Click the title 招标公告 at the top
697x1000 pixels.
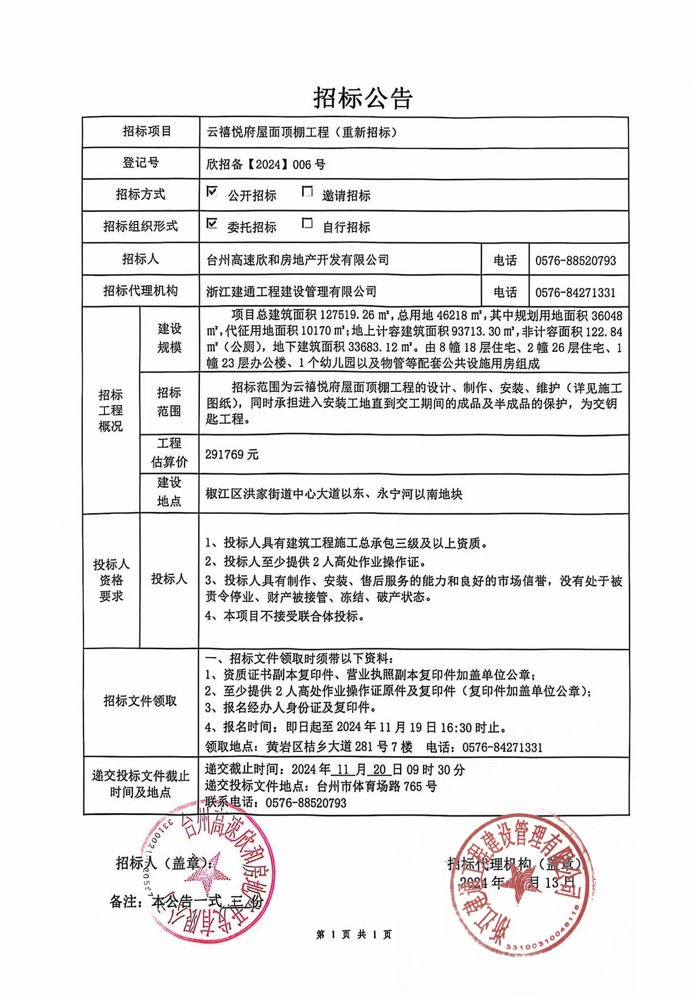click(362, 98)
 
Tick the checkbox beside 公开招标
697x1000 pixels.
click(212, 192)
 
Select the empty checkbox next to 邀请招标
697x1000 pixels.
click(308, 192)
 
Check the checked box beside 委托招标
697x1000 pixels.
click(212, 224)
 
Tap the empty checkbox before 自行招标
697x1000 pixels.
click(308, 224)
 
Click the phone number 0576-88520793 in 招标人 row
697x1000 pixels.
click(575, 261)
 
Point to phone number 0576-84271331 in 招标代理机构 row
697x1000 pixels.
click(575, 293)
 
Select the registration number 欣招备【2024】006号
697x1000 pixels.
click(266, 164)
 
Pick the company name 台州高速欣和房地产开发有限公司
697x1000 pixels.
click(298, 260)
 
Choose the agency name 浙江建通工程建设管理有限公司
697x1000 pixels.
click(291, 292)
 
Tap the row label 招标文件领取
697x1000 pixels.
click(140, 701)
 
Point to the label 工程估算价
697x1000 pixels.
click(169, 453)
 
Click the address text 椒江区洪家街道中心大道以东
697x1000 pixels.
click(284, 494)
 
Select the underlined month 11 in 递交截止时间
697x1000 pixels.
click(343, 770)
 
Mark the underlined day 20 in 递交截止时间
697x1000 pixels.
click(380, 770)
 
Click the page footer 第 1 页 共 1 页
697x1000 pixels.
click(353, 935)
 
